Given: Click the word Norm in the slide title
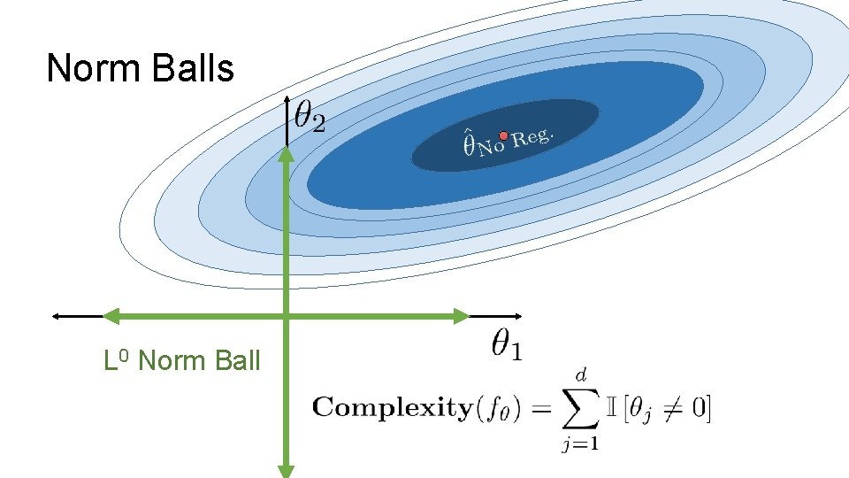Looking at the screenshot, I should coord(88,68).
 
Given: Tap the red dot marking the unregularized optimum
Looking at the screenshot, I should coord(503,136).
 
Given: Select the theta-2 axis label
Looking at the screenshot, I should coord(310,117).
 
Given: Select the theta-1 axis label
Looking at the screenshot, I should coord(506,345).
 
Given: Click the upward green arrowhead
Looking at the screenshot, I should coord(287,154).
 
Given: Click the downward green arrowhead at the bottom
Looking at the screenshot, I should coord(287,469).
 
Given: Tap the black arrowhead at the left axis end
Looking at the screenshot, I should coord(57,315).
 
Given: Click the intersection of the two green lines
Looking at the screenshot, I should coord(287,315).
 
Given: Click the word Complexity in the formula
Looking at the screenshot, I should coord(392,408).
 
